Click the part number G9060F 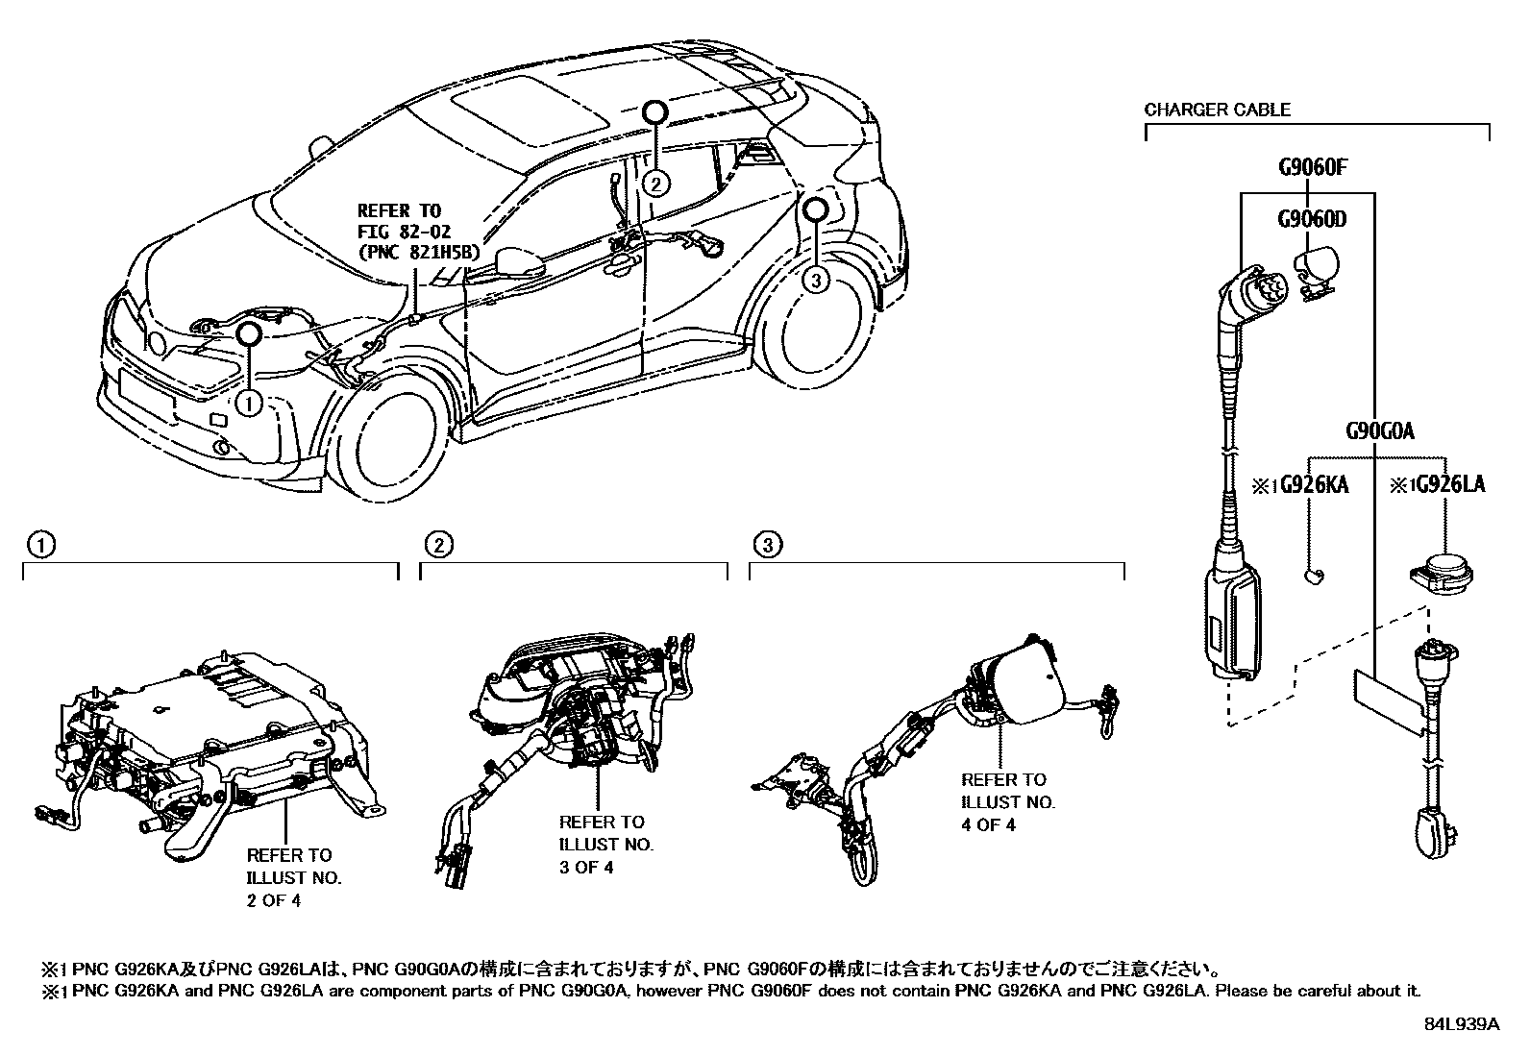tap(1312, 167)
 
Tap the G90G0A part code tap(1379, 430)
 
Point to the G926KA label tap(1312, 484)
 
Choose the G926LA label tap(1448, 484)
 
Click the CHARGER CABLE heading tap(1217, 110)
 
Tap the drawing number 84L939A tap(1461, 1024)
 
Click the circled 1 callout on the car tap(249, 403)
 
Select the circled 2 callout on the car tap(654, 183)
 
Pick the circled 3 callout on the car tap(815, 281)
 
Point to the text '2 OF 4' tap(274, 901)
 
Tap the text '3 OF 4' tap(586, 867)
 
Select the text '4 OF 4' tap(989, 824)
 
